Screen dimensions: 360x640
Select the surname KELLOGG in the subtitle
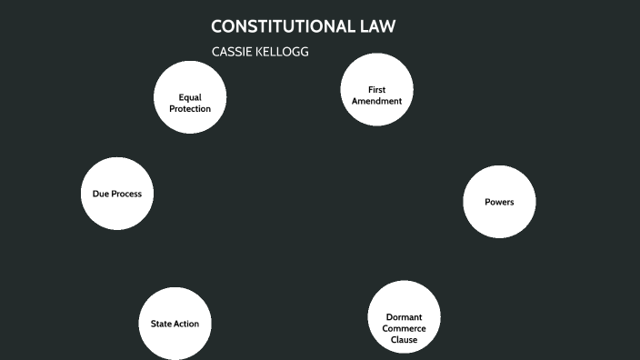pyautogui.click(x=284, y=52)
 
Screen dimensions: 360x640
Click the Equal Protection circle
pyautogui.click(x=189, y=98)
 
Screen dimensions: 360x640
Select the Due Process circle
pyautogui.click(x=116, y=194)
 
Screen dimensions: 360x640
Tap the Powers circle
pyautogui.click(x=499, y=202)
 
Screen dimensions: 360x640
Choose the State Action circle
pyautogui.click(x=175, y=324)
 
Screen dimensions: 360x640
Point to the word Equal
pyautogui.click(x=189, y=97)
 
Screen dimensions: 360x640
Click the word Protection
pyautogui.click(x=189, y=109)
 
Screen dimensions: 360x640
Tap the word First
pyautogui.click(x=377, y=89)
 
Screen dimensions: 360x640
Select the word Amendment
pyautogui.click(x=377, y=101)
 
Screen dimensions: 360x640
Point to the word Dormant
pyautogui.click(x=404, y=317)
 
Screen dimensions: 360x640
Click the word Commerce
pyautogui.click(x=404, y=328)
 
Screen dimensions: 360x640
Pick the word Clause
pyautogui.click(x=404, y=340)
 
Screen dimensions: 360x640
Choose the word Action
pyautogui.click(x=186, y=324)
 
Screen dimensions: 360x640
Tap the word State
pyautogui.click(x=161, y=324)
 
